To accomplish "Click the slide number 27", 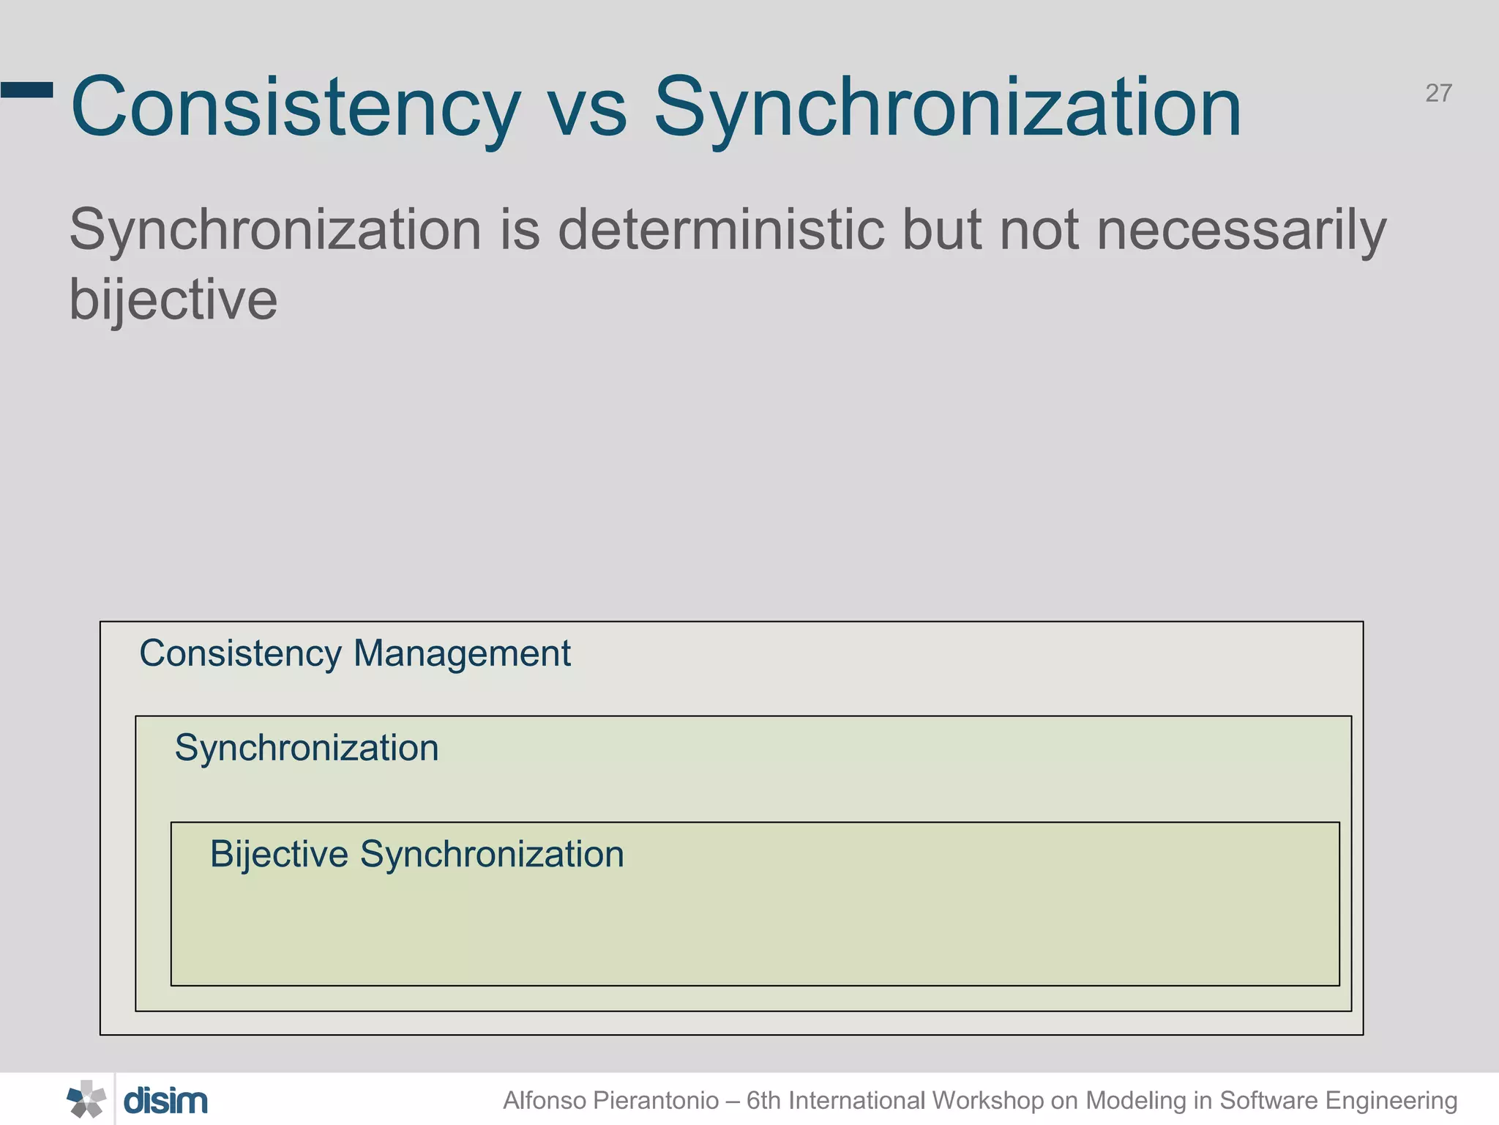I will pos(1438,94).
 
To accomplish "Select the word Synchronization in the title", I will pos(947,108).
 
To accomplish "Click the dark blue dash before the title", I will pos(27,90).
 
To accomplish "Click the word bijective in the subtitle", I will pos(173,300).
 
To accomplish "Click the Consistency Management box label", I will pos(354,653).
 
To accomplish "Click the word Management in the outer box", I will pos(462,653).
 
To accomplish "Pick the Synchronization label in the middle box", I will pos(307,749).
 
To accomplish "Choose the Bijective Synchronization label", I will pos(416,855).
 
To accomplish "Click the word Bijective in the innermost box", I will pos(279,855).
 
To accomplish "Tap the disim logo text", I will pos(165,1101).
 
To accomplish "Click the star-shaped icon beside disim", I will pos(86,1099).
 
